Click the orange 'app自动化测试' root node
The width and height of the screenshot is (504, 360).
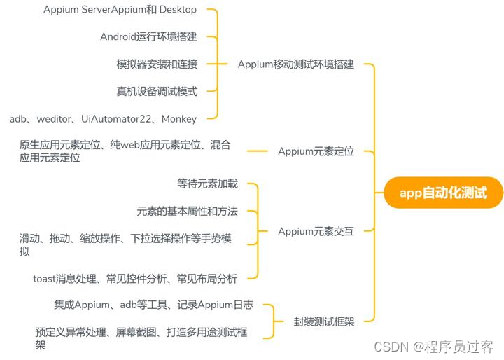click(443, 193)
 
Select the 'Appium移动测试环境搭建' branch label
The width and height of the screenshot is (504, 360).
click(295, 64)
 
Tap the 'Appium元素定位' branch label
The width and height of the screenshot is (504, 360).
click(316, 151)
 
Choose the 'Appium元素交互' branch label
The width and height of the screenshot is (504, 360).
click(316, 231)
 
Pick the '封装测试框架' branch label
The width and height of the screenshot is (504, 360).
click(324, 322)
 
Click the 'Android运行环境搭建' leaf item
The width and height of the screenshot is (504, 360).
click(148, 36)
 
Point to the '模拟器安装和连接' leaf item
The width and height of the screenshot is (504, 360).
click(157, 64)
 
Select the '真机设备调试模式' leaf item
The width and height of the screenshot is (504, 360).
click(157, 91)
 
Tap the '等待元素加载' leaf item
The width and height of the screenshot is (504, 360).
click(207, 184)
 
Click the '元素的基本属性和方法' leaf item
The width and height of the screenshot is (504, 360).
click(187, 211)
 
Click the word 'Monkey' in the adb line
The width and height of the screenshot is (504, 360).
click(179, 119)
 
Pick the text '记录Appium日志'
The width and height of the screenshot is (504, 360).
click(214, 305)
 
